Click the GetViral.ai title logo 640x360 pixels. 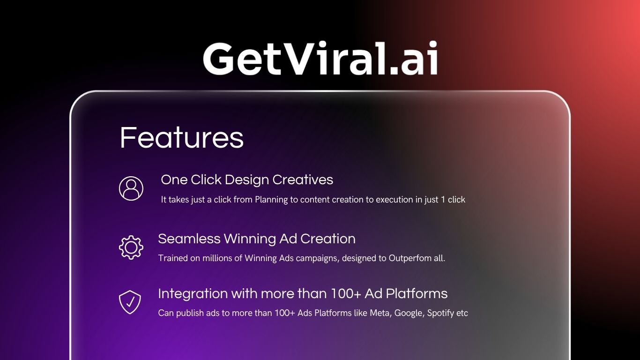tap(320, 59)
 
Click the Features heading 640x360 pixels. tap(181, 137)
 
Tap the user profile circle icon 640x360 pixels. tap(131, 188)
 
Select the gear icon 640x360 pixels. tap(131, 247)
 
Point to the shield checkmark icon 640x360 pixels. tap(130, 302)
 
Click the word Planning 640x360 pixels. tap(271, 200)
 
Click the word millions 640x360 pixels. tap(217, 258)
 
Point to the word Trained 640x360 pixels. tap(172, 258)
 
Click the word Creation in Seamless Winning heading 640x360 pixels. tap(328, 239)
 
